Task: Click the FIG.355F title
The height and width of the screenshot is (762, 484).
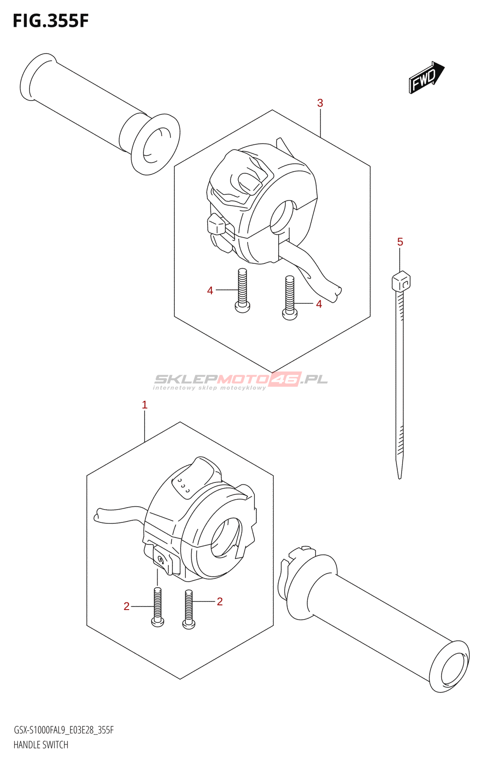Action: click(x=50, y=21)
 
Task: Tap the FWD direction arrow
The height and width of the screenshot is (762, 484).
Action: click(x=426, y=77)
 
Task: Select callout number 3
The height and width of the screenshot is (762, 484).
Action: click(x=320, y=103)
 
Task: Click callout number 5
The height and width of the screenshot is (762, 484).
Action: click(x=400, y=242)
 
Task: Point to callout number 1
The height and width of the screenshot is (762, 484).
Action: click(x=145, y=405)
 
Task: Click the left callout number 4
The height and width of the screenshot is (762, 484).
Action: click(x=210, y=291)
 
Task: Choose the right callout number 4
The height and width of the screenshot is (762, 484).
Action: click(x=319, y=304)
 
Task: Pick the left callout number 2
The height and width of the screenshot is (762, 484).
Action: click(x=126, y=606)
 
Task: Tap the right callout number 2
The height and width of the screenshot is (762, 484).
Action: click(x=220, y=602)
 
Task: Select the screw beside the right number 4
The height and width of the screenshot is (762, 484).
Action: click(x=290, y=299)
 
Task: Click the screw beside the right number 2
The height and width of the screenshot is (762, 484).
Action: click(x=189, y=609)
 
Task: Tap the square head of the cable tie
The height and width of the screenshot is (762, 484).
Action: click(x=401, y=281)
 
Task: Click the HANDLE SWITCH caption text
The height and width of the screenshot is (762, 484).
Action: click(x=41, y=745)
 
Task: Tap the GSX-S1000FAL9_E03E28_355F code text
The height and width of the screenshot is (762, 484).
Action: click(x=64, y=730)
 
